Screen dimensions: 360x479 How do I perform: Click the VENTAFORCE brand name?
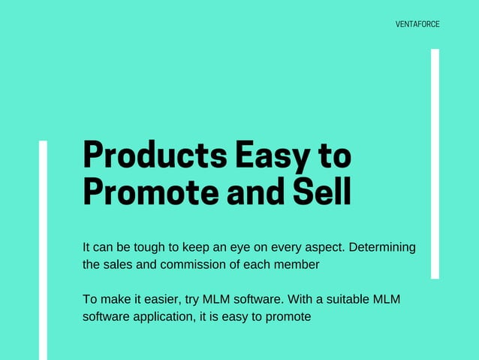pos(417,24)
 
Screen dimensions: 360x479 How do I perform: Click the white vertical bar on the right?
pos(435,163)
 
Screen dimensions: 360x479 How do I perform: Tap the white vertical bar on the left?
pos(43,250)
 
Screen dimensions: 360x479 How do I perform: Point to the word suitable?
pos(347,300)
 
